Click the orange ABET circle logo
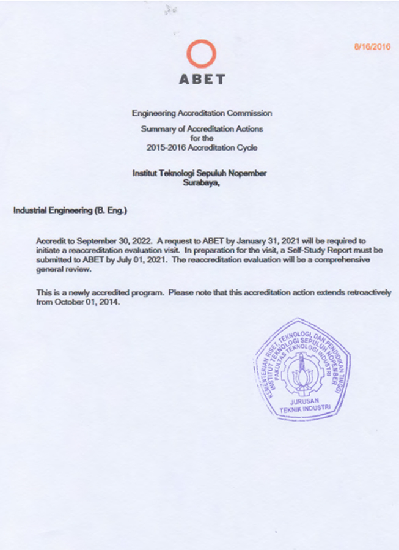point(201,55)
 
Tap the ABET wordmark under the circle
point(201,80)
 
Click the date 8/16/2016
point(372,46)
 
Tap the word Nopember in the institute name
point(247,174)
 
